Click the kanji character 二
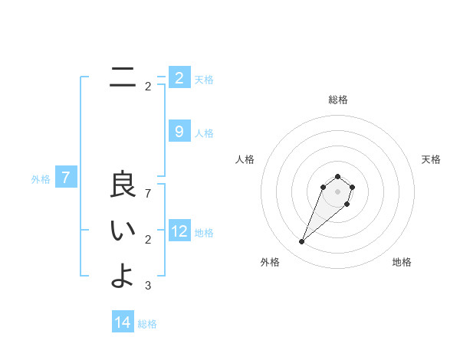(123, 77)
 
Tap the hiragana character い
(123, 231)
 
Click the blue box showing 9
(179, 132)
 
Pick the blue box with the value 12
(179, 231)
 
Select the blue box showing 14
(123, 322)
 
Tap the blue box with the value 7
(66, 178)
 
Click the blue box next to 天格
(179, 77)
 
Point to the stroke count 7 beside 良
(148, 193)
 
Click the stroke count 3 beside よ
(148, 286)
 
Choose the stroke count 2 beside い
(148, 240)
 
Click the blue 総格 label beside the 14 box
(147, 323)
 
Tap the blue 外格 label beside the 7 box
(41, 179)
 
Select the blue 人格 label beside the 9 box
(204, 133)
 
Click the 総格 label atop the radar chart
(337, 100)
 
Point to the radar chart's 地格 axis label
(402, 262)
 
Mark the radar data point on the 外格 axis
(302, 241)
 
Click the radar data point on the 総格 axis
(337, 177)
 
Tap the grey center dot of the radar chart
(337, 191)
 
